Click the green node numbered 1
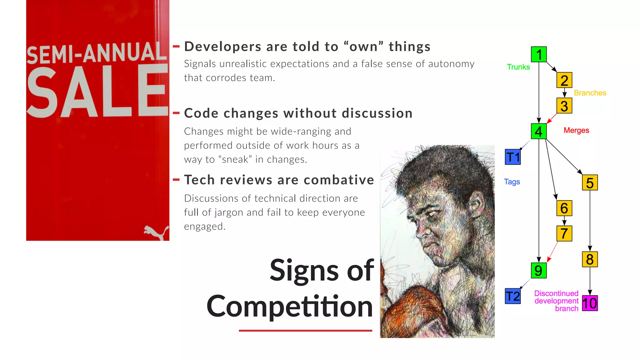point(539,54)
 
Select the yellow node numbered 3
point(564,106)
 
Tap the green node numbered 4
point(539,131)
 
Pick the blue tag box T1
point(513,157)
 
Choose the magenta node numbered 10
point(590,303)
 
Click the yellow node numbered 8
point(590,259)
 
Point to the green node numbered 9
point(539,271)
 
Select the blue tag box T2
point(513,296)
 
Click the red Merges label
point(576,130)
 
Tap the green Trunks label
point(518,67)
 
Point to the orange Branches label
point(590,93)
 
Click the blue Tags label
point(512,182)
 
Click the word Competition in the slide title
point(290,306)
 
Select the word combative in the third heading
point(339,180)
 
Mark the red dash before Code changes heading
point(176,113)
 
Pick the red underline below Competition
point(305,330)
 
